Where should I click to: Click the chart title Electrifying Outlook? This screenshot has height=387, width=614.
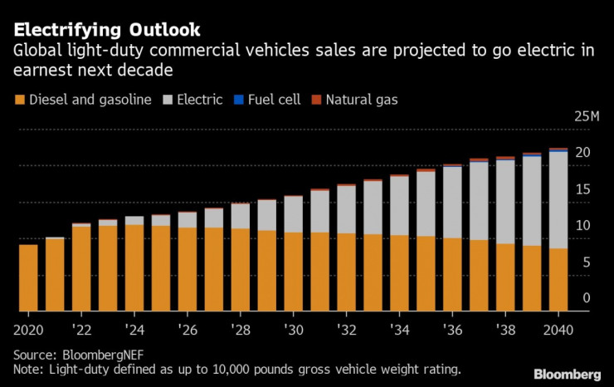pyautogui.click(x=107, y=30)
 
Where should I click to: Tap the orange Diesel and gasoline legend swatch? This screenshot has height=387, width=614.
pyautogui.click(x=19, y=100)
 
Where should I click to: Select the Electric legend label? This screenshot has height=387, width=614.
pyautogui.click(x=200, y=100)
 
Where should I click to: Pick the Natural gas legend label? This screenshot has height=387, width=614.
pyautogui.click(x=362, y=100)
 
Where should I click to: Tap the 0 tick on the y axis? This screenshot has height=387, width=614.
pyautogui.click(x=586, y=298)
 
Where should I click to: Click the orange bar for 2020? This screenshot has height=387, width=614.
pyautogui.click(x=28, y=278)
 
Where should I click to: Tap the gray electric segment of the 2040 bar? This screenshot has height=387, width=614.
pyautogui.click(x=558, y=199)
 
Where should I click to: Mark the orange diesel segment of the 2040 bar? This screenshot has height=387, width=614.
pyautogui.click(x=558, y=280)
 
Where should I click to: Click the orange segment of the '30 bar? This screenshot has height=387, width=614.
pyautogui.click(x=293, y=272)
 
